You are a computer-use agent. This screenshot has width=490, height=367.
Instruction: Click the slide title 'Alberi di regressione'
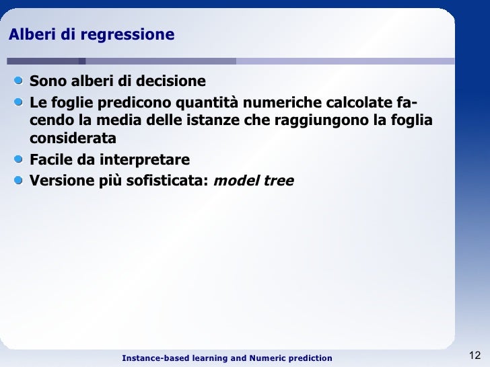[91, 34]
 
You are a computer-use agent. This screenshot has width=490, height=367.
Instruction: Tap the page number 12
[474, 356]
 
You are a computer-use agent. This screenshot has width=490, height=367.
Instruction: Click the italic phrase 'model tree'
[254, 180]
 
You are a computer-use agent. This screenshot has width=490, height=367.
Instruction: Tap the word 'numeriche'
[290, 102]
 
